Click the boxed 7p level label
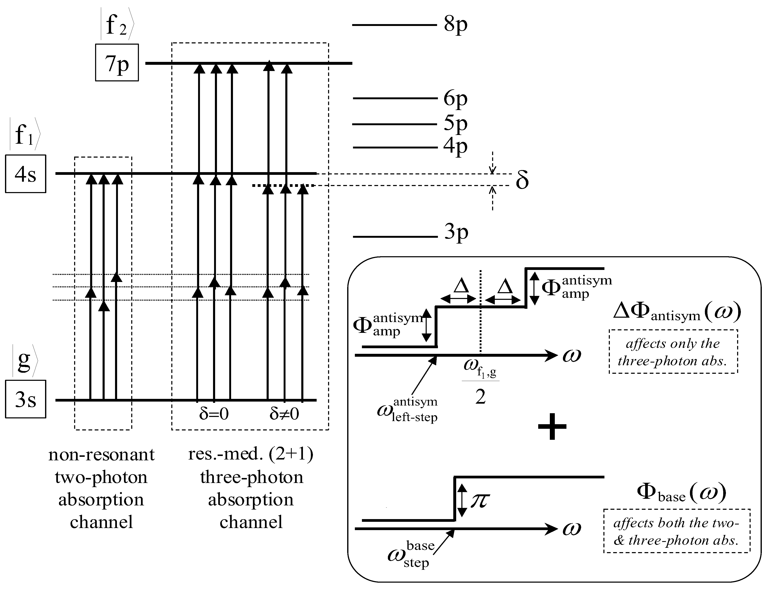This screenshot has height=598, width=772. pos(117,62)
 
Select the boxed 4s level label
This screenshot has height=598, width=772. pos(26,174)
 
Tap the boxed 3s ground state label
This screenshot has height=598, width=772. pos(26,399)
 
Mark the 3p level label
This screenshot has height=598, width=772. pos(456,232)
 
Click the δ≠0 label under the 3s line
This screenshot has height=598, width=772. pos(284,413)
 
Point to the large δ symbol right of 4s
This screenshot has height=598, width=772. pos(522,180)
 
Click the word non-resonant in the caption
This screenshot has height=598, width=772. pos(102,455)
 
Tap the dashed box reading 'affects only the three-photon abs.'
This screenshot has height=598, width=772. pos(673,352)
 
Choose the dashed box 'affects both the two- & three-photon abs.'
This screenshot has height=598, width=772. pos(676,531)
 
